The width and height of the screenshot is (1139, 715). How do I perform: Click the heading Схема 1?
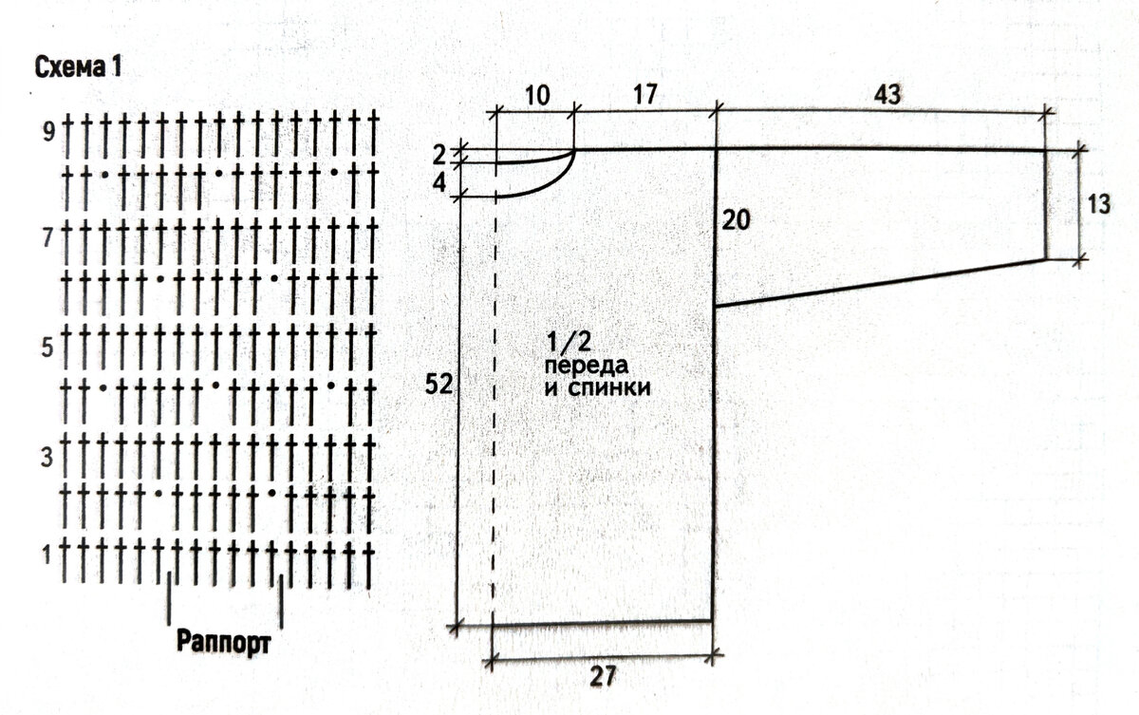78,67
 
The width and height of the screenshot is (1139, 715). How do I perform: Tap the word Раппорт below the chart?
224,642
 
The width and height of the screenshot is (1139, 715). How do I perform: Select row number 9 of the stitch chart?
48,132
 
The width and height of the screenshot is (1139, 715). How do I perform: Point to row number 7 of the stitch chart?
47,237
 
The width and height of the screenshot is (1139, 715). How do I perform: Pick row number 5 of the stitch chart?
47,348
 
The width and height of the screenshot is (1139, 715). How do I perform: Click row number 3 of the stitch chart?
47,459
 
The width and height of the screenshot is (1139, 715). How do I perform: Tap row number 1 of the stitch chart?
47,555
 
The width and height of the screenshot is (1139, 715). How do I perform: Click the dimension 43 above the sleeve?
887,95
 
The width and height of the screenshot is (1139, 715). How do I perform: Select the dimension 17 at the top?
645,95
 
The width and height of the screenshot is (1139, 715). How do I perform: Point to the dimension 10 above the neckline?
537,96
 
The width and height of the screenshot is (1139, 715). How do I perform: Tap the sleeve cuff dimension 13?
1098,204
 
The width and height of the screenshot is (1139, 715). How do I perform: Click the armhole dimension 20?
736,220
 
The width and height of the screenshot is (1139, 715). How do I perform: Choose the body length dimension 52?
439,384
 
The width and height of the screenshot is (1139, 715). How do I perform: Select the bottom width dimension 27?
603,677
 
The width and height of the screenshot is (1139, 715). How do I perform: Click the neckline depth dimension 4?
439,182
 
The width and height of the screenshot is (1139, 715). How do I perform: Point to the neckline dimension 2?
439,156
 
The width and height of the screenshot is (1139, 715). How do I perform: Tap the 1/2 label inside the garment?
569,341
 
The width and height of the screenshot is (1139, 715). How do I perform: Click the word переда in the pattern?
587,367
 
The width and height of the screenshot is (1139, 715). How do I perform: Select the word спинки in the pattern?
608,388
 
